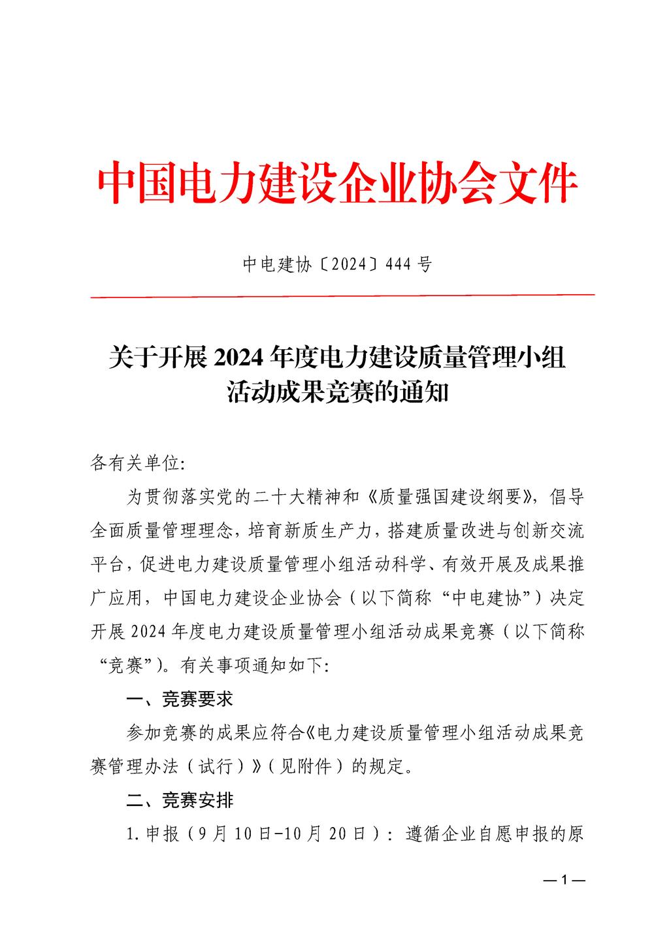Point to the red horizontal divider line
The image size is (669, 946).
pos(342,296)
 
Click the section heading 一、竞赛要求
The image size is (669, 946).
pos(179,700)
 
